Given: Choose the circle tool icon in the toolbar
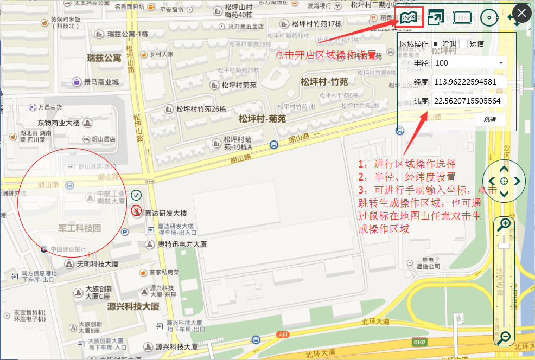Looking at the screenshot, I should [x=489, y=17].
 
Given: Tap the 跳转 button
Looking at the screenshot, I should [x=490, y=119].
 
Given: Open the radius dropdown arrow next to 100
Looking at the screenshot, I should [x=500, y=63].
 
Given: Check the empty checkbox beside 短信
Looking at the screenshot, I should [x=463, y=44].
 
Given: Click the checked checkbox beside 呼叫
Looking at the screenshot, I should [x=436, y=44].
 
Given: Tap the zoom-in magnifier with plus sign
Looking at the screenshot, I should [x=504, y=223].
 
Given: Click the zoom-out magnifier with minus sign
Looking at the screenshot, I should [x=504, y=337].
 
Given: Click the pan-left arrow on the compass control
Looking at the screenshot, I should [x=492, y=181].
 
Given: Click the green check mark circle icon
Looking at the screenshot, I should [x=136, y=195].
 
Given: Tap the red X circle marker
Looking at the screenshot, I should [x=136, y=210].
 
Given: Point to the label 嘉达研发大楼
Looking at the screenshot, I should [x=165, y=213].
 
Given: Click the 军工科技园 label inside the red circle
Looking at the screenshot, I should [x=80, y=228].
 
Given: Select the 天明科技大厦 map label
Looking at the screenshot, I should [x=97, y=264].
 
